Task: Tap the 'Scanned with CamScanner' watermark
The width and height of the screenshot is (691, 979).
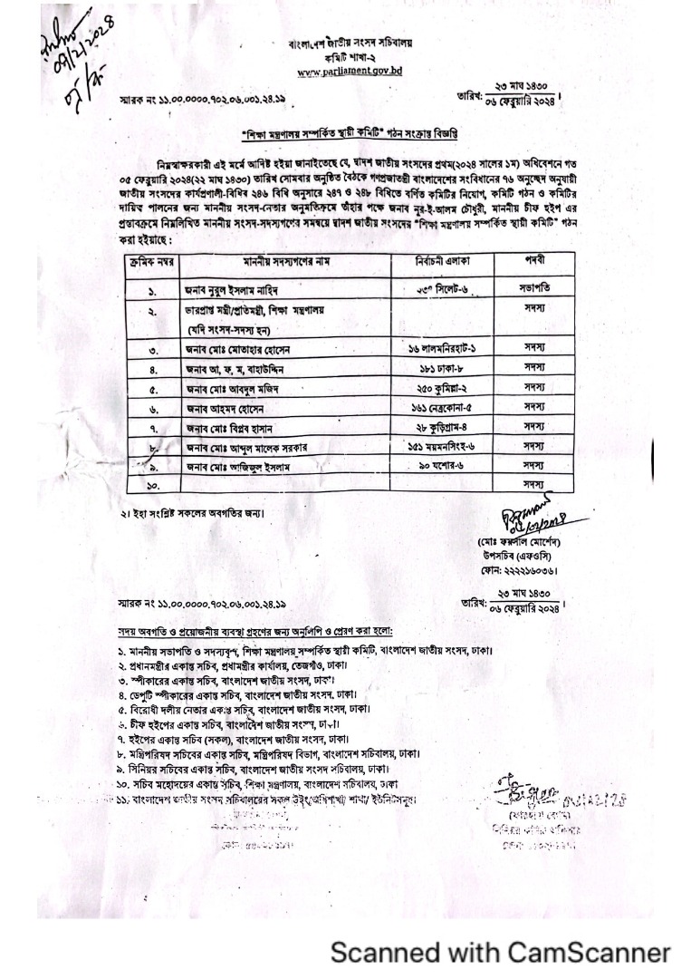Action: pyautogui.click(x=500, y=952)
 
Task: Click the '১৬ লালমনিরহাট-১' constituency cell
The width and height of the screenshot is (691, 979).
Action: pyautogui.click(x=443, y=349)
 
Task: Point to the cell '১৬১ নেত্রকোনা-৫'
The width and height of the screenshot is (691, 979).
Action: pyautogui.click(x=443, y=408)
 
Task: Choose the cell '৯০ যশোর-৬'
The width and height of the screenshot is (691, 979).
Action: pyautogui.click(x=443, y=465)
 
